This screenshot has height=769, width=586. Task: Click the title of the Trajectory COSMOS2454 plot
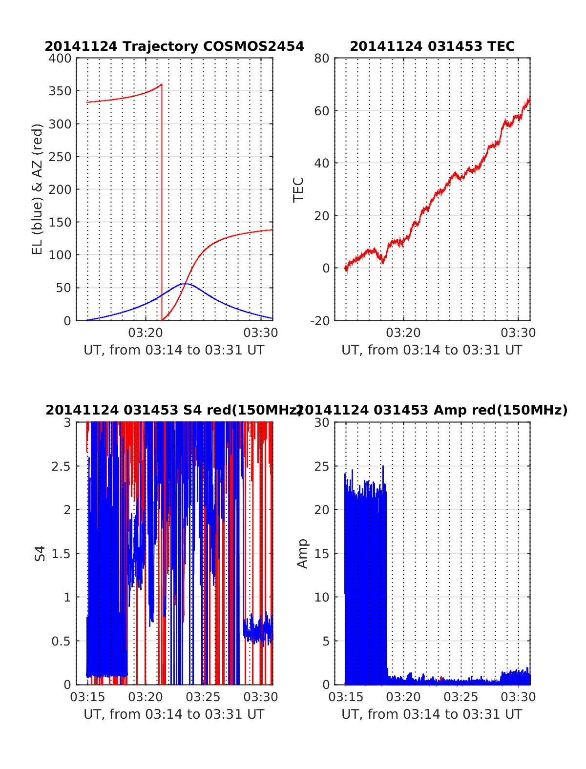174,46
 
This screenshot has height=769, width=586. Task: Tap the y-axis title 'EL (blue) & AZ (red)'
38,189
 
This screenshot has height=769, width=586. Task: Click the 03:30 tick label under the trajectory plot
261,333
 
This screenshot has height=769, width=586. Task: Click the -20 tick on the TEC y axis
320,321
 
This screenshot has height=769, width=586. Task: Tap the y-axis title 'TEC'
298,189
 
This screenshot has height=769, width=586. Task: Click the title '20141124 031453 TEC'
432,46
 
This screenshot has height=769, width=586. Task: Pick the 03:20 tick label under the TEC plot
403,333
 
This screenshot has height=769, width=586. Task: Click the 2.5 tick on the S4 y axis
61,466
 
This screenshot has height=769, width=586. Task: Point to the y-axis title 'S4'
40,554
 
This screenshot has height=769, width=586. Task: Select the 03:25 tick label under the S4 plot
203,697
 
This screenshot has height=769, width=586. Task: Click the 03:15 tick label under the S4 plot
87,697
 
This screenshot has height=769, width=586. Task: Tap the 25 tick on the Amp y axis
322,466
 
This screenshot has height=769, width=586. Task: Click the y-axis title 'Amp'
303,554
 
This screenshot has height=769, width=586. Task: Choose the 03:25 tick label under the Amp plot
461,697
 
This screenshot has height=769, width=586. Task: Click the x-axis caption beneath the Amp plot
432,714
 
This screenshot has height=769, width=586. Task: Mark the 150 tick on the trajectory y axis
60,222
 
